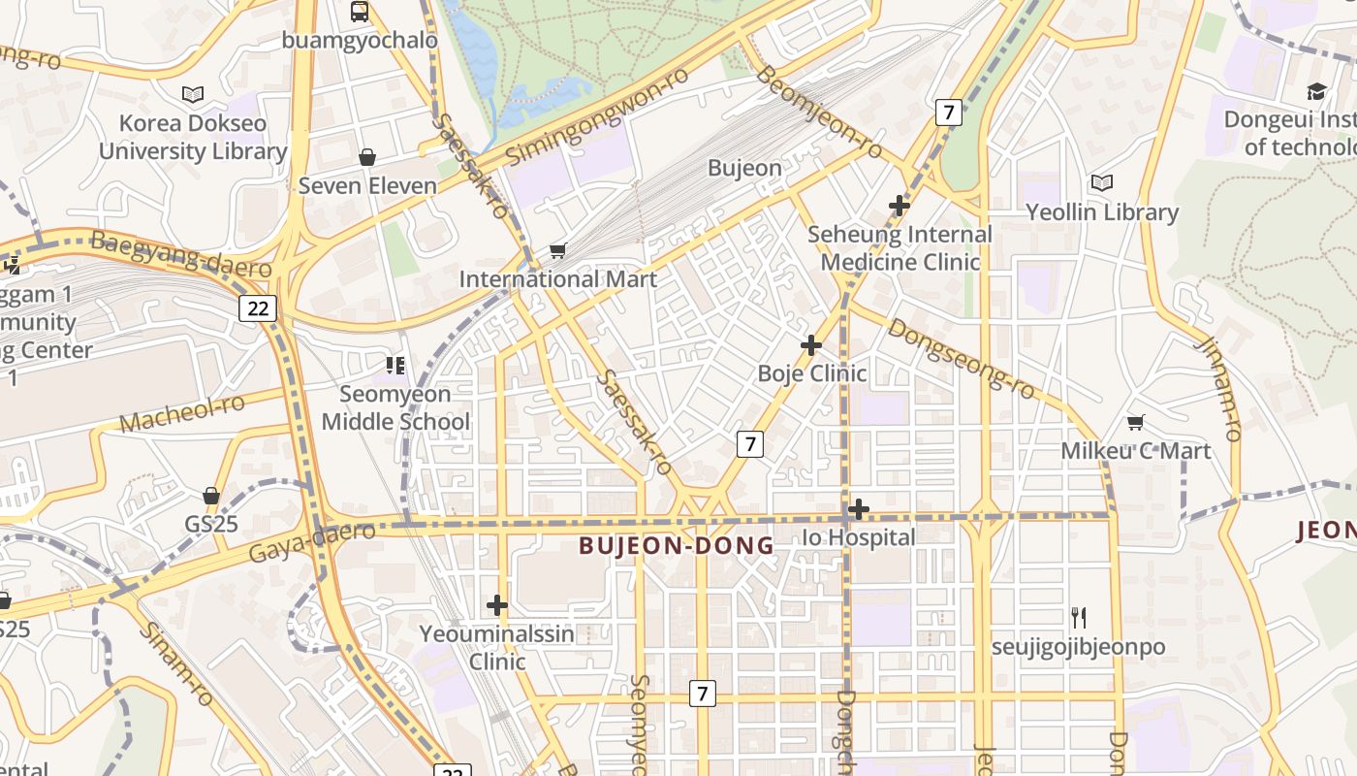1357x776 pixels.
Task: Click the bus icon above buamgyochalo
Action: coord(360,12)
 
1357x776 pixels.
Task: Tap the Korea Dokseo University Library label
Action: coord(193,138)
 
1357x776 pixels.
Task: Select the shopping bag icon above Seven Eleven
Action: coord(367,157)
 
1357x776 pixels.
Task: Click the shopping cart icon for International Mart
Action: coord(557,251)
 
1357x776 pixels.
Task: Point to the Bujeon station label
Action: coord(744,168)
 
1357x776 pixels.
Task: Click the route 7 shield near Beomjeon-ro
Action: coord(949,113)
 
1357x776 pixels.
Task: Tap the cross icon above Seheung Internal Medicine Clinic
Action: coord(899,206)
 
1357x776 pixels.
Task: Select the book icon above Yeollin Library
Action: coord(1101,182)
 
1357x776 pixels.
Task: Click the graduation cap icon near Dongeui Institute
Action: coord(1316,91)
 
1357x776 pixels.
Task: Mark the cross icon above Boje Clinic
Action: coord(811,345)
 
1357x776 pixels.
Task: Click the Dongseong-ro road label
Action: coord(962,358)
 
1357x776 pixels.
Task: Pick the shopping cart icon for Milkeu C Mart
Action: coord(1135,422)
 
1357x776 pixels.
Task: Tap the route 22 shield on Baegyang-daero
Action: coord(258,308)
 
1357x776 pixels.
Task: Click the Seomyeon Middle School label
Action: coord(395,408)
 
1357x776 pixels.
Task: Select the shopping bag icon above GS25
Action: coord(211,496)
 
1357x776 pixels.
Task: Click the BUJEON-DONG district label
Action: coord(677,546)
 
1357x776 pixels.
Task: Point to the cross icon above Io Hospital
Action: coord(858,509)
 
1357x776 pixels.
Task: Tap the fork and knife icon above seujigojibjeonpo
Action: coord(1078,617)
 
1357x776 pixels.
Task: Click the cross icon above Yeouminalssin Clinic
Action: coord(497,606)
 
